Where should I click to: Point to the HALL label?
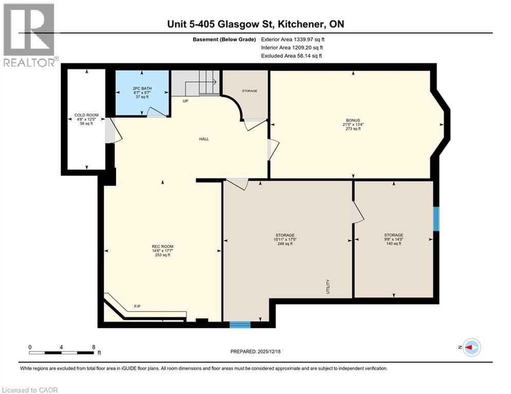click(204, 139)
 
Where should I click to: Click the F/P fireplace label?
click(137, 306)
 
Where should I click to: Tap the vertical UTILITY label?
click(327, 286)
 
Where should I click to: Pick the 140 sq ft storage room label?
click(393, 239)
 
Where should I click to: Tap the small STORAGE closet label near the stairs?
click(250, 91)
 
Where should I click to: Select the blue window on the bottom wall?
click(240, 324)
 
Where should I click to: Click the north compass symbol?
click(471, 347)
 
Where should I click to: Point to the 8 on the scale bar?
click(93, 347)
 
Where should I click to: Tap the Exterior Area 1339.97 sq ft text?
click(292, 39)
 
